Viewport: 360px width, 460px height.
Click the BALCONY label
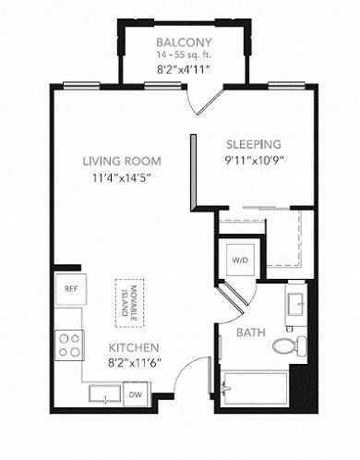pyautogui.click(x=184, y=42)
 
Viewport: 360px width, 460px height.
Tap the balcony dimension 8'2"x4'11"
pyautogui.click(x=184, y=67)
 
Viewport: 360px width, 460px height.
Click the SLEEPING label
pyautogui.click(x=254, y=144)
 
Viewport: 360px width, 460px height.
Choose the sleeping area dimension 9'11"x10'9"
pyautogui.click(x=254, y=160)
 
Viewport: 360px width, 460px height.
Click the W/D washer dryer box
pyautogui.click(x=240, y=259)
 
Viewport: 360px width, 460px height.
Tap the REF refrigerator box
pyautogui.click(x=70, y=288)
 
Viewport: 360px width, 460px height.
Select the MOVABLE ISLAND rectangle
pyautogui.click(x=127, y=300)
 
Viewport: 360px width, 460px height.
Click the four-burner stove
pyautogui.click(x=70, y=345)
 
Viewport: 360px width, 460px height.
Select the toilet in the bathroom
pyautogui.click(x=287, y=346)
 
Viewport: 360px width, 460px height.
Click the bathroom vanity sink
pyautogui.click(x=294, y=305)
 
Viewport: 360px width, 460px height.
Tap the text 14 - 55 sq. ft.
pyautogui.click(x=184, y=55)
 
